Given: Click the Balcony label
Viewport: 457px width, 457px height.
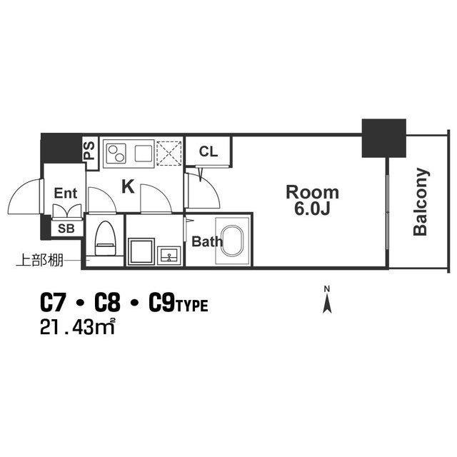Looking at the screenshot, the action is click(421, 201).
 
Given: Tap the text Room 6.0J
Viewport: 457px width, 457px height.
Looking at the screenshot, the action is click(312, 201).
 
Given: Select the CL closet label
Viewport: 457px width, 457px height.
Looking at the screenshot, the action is click(209, 151).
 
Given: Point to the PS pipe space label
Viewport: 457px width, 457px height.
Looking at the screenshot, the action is click(89, 151).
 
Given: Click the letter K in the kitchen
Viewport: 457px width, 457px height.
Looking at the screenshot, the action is click(128, 186).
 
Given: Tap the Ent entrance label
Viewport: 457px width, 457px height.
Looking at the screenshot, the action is click(66, 194).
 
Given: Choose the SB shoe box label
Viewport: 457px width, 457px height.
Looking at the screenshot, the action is click(66, 228).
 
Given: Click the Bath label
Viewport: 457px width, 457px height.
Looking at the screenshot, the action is click(207, 241).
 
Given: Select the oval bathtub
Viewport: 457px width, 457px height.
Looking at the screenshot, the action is click(232, 241).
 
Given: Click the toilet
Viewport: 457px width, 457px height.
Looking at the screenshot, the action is click(105, 238).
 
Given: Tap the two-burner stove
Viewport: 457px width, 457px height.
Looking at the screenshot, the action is click(116, 154).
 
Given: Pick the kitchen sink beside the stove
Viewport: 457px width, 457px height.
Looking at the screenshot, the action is click(143, 154).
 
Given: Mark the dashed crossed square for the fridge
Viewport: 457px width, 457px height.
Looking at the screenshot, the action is click(169, 154).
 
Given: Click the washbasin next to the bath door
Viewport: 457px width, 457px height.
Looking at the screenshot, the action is click(169, 256).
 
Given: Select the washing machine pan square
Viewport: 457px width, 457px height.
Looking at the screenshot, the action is click(141, 251).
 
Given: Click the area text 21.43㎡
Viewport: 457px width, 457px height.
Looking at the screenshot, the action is click(77, 327).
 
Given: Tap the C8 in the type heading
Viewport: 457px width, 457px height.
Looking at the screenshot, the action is click(107, 303).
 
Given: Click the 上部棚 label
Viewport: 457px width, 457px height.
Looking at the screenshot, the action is click(39, 260).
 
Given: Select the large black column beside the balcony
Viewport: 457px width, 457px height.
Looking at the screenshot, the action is click(384, 138).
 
